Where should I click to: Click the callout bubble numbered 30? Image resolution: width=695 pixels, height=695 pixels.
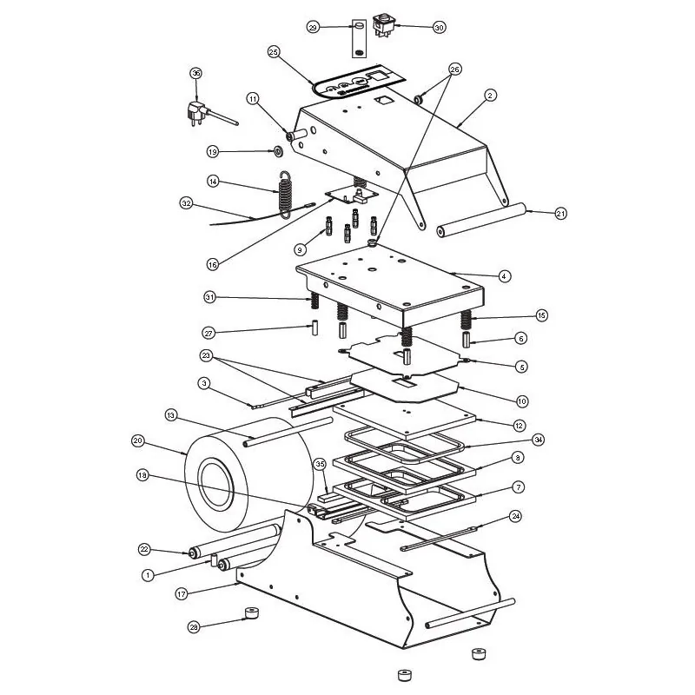(439, 27)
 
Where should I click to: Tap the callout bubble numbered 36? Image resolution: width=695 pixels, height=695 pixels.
(196, 73)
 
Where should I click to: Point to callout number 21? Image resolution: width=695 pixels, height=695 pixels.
(560, 213)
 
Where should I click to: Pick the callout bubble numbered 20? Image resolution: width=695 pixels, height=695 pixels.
(138, 440)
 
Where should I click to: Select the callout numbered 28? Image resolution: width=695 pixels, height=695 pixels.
(194, 627)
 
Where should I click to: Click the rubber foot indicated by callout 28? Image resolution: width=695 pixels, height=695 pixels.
(252, 613)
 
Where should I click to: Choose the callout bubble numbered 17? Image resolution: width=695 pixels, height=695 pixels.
(182, 594)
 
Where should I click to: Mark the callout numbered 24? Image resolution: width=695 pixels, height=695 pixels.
(515, 516)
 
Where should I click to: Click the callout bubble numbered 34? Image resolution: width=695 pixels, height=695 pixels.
(538, 440)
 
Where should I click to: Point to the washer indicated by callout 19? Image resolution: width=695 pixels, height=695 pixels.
(278, 152)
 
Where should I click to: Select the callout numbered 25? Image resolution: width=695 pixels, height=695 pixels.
(274, 52)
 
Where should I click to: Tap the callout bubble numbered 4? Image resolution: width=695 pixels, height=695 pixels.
(504, 275)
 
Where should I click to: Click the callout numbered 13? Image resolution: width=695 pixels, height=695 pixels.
(170, 415)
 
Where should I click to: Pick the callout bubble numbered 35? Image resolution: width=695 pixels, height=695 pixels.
(320, 464)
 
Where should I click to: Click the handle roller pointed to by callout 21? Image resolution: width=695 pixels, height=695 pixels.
(481, 220)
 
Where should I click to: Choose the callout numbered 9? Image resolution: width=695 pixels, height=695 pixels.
(300, 250)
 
